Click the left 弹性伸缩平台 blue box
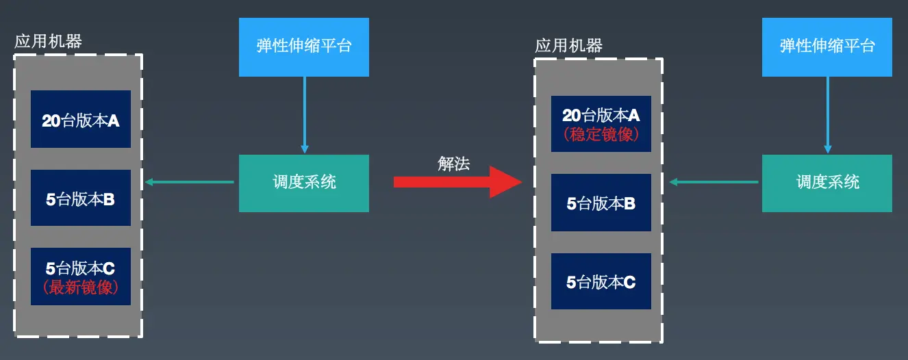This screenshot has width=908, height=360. (304, 47)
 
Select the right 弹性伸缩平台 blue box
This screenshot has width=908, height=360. (827, 47)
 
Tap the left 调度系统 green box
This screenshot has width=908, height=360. (304, 183)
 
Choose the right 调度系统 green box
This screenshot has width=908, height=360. (827, 183)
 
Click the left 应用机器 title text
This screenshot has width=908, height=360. (48, 42)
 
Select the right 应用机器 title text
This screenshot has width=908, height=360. (568, 46)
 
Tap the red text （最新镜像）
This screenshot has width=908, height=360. (81, 288)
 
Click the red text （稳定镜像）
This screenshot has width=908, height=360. (601, 135)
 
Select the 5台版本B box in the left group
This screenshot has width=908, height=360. (81, 198)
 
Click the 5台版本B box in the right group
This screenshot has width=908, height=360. (601, 203)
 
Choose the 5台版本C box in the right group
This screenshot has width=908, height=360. (601, 281)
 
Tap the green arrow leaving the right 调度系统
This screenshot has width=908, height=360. (714, 182)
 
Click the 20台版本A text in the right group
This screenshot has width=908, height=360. (601, 115)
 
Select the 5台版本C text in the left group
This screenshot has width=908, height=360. (81, 268)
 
